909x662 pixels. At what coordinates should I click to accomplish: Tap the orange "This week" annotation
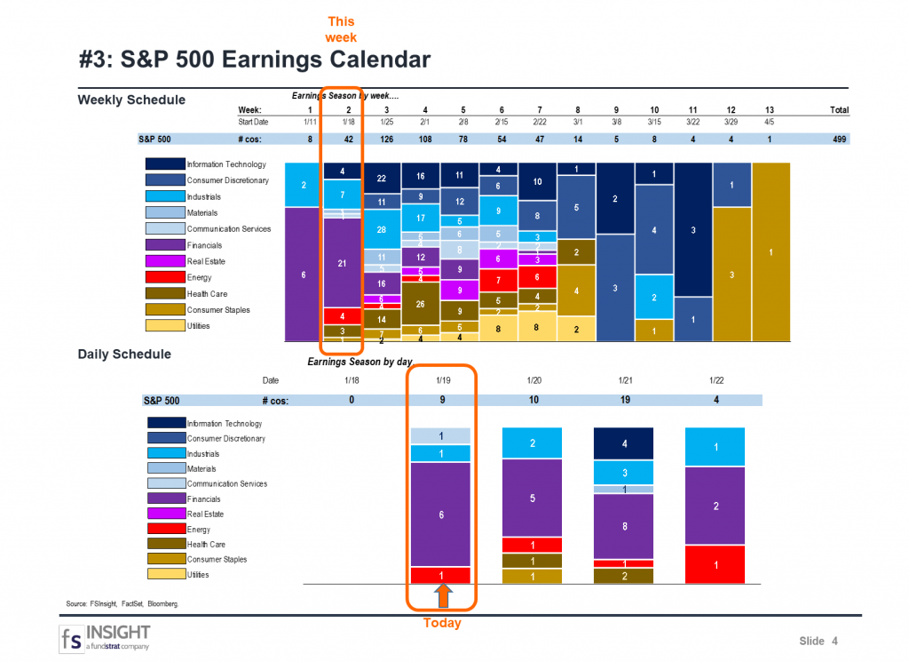pos(342,28)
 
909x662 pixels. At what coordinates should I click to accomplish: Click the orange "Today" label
pos(442,623)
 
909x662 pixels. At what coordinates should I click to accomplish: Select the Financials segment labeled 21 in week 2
pos(342,263)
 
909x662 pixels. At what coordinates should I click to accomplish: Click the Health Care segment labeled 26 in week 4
pos(420,303)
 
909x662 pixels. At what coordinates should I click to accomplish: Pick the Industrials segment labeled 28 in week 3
pos(381,229)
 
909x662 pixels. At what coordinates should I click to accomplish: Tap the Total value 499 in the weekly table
pos(838,140)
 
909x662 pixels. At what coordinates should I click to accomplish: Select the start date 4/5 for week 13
pos(771,122)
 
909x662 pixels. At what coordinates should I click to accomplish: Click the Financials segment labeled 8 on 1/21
pos(624,526)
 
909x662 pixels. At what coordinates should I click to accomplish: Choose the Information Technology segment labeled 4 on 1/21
pos(624,443)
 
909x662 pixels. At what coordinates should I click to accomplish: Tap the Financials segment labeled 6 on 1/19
pos(442,514)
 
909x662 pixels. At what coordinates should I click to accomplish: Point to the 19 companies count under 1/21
pos(624,400)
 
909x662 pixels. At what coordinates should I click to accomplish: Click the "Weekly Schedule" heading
pos(131,100)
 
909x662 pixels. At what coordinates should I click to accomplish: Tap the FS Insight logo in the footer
pos(105,638)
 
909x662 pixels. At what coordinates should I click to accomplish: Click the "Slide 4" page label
pos(818,642)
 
